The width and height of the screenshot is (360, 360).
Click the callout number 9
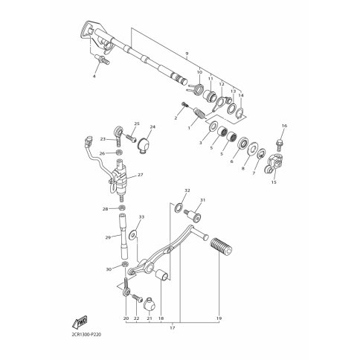point(187,54)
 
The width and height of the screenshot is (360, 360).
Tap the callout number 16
point(284,126)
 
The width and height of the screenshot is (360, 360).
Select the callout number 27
point(141,175)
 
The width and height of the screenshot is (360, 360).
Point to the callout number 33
point(141,217)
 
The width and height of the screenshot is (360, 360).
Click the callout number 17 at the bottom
point(173,328)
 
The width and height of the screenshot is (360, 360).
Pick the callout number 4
point(94,77)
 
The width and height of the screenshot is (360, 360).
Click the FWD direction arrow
point(80,321)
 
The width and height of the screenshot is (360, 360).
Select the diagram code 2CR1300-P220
point(84,335)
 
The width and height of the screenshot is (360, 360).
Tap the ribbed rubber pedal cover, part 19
point(221,246)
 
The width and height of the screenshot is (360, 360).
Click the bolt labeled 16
point(280,145)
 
